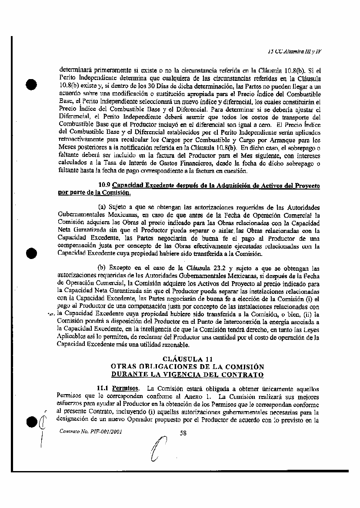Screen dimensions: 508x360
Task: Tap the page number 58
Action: [x=183, y=432]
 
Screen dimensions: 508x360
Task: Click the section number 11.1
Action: [x=103, y=387]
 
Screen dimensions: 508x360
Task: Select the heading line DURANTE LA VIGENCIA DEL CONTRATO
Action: [x=187, y=374]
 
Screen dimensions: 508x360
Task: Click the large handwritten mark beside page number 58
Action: [x=159, y=455]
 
